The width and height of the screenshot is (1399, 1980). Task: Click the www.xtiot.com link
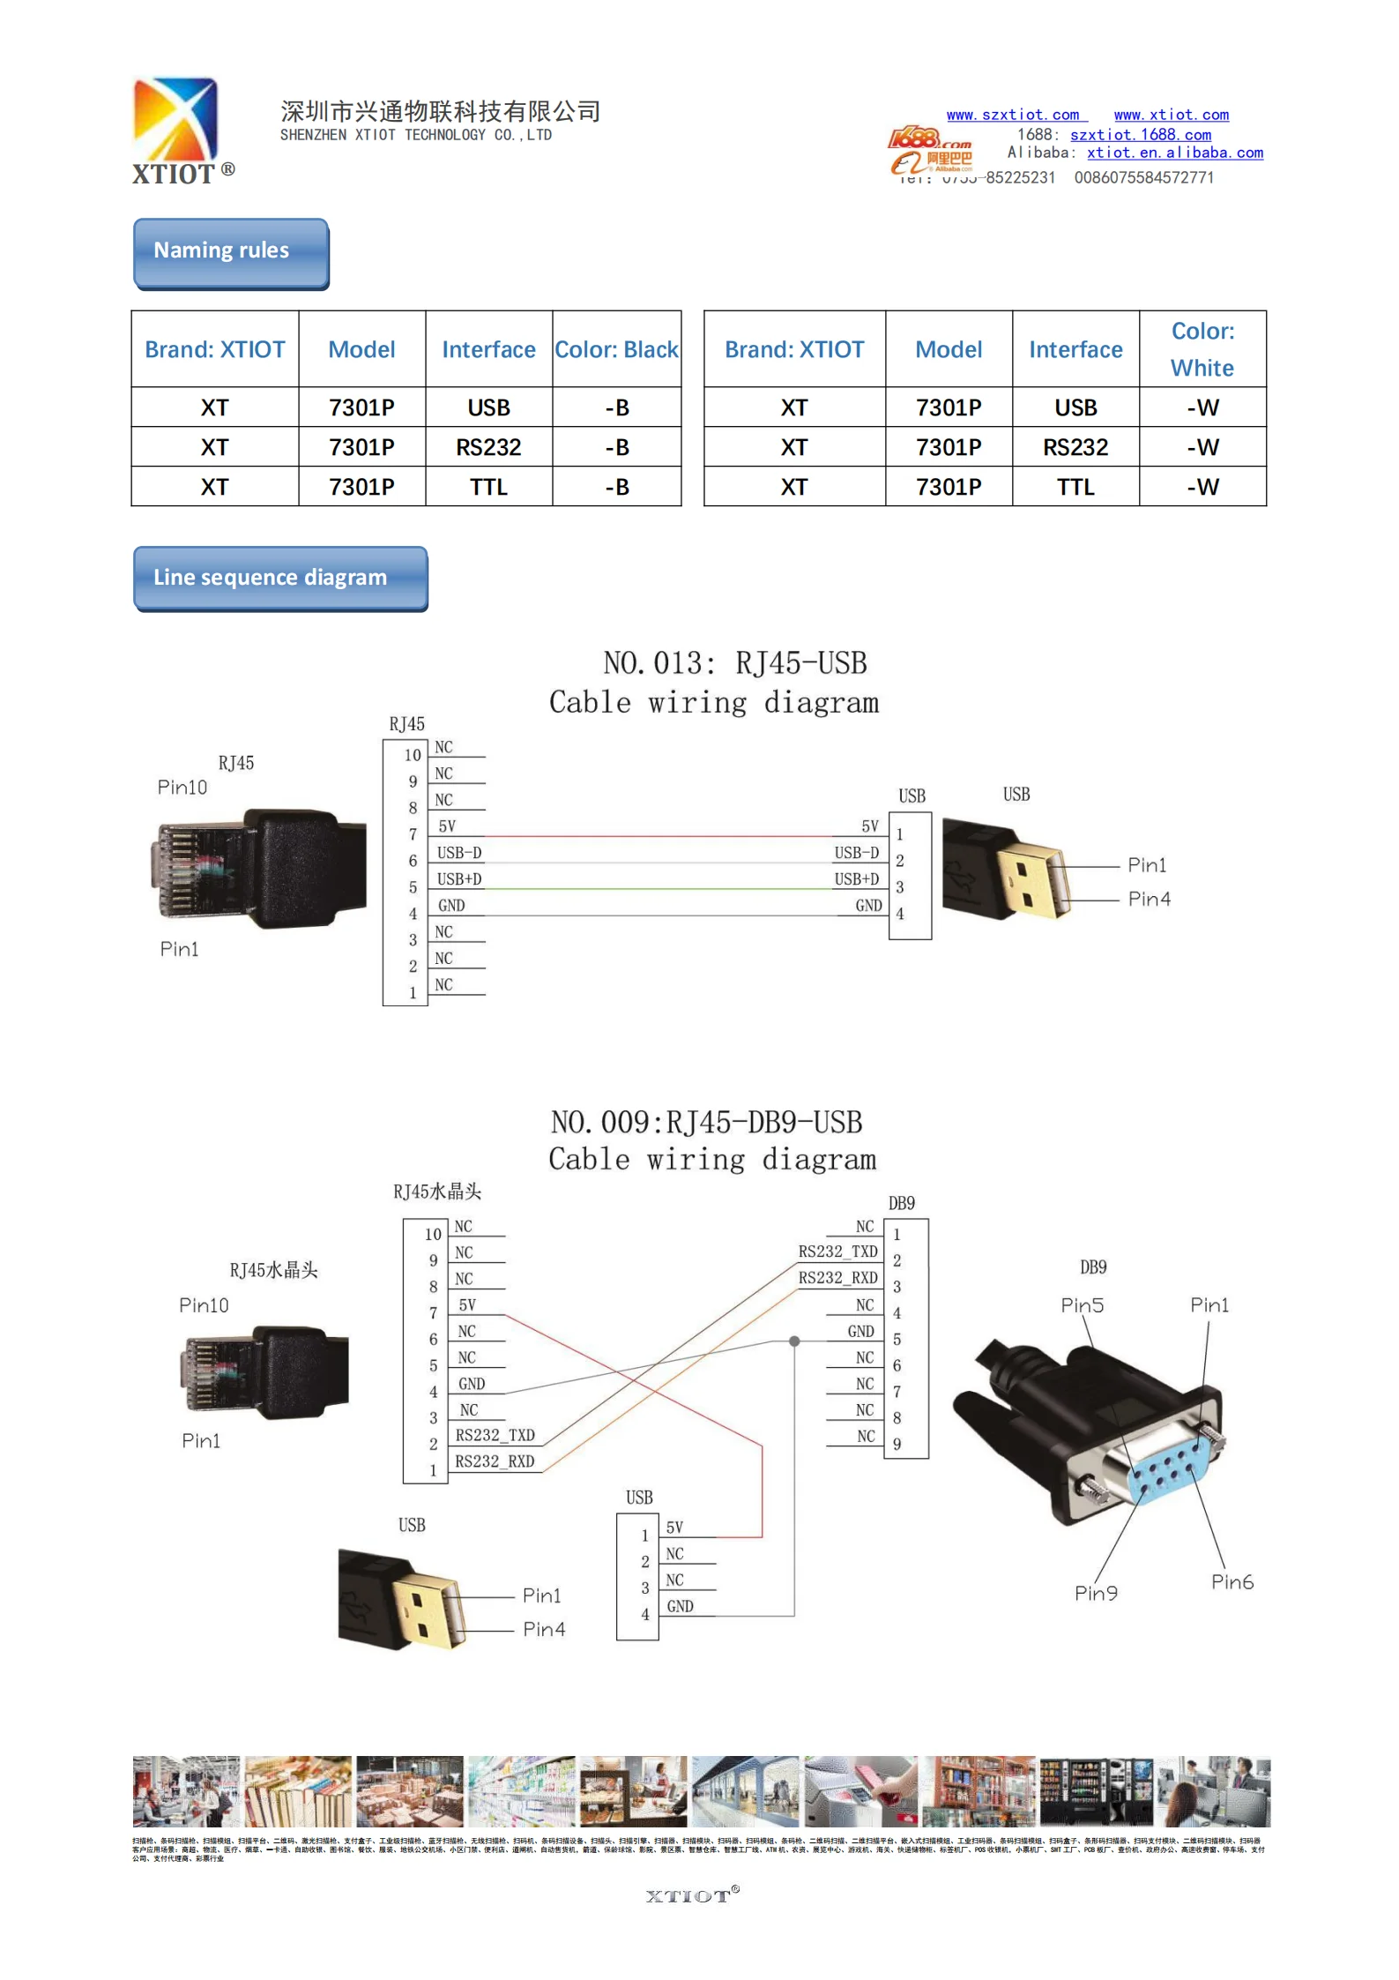(1171, 115)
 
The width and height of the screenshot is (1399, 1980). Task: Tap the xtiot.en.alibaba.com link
(1174, 153)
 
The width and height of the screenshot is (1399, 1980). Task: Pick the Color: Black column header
(616, 349)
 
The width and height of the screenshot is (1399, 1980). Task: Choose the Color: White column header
(1202, 349)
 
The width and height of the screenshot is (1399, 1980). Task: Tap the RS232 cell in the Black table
(488, 448)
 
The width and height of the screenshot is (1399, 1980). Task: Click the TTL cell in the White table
(1075, 487)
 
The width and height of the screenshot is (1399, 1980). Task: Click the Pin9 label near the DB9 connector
(1096, 1593)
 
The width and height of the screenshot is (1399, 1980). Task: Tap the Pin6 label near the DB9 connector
(1232, 1581)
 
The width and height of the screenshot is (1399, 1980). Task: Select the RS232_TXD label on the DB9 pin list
(837, 1252)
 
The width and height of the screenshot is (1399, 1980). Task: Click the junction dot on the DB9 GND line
(794, 1341)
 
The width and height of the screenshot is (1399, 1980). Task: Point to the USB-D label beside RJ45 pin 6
(459, 853)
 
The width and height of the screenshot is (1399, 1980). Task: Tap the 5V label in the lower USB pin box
(674, 1528)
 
